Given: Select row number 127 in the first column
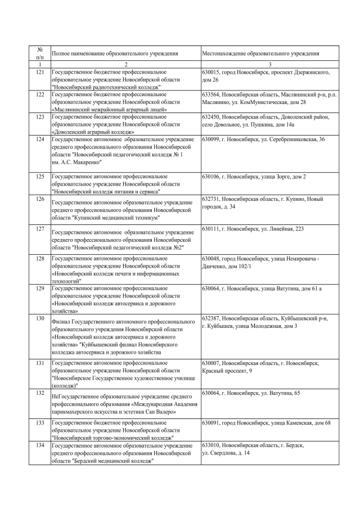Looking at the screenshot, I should click(39, 229).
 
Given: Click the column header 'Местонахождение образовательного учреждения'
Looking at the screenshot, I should click(261, 53).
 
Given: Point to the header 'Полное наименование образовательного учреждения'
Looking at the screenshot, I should click(115, 53).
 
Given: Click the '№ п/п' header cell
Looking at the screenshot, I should click(39, 53).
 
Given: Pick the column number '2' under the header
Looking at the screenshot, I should click(125, 65).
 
